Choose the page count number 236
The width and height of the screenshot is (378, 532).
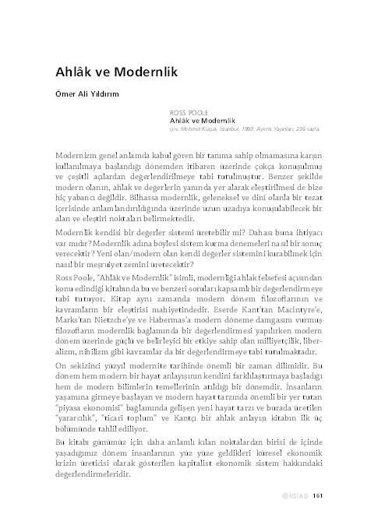[295, 129]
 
